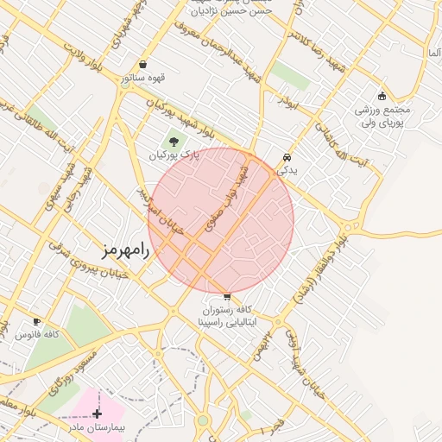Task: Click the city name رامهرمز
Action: point(126,251)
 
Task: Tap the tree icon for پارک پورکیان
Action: point(174,142)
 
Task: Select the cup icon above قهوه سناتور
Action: point(142,65)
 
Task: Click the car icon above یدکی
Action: point(286,158)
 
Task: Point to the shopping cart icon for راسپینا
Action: point(226,296)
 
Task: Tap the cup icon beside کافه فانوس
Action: point(35,321)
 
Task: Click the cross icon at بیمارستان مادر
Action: point(97,414)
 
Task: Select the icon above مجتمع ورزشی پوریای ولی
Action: point(382,96)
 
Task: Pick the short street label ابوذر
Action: point(287,102)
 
